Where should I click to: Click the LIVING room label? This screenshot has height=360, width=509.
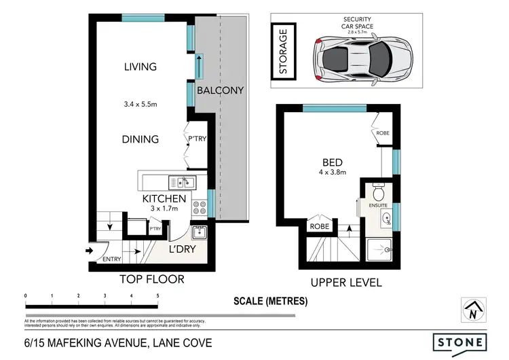(x=140, y=67)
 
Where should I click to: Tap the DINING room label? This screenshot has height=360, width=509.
(x=140, y=139)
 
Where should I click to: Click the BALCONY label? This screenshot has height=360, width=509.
(x=220, y=90)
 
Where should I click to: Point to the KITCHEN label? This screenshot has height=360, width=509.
(x=164, y=198)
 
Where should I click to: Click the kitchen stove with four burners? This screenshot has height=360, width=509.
(x=200, y=208)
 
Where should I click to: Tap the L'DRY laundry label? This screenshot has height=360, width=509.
(x=182, y=249)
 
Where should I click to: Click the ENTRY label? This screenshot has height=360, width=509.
(x=112, y=259)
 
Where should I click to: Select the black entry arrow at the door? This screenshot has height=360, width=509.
(x=90, y=251)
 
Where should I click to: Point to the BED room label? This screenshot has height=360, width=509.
(x=333, y=162)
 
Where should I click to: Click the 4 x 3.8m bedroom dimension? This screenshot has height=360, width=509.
(x=333, y=173)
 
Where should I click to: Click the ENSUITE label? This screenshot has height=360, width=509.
(x=378, y=204)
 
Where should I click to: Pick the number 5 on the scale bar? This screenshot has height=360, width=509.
(x=158, y=296)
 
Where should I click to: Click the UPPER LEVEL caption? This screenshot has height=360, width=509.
(x=346, y=283)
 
